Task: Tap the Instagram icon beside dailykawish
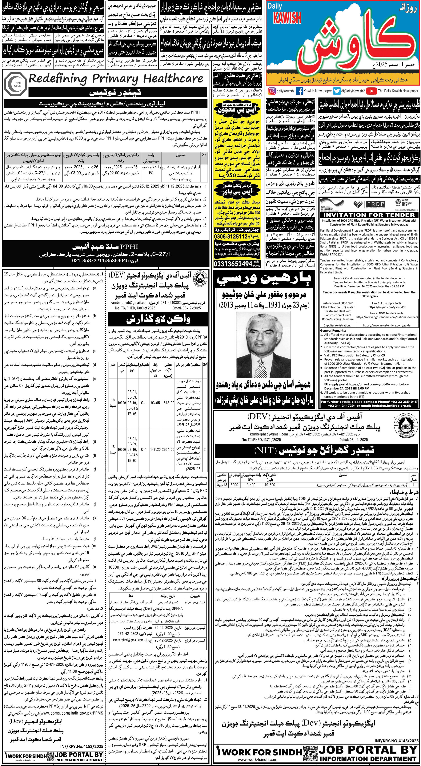pyautogui.click(x=271, y=91)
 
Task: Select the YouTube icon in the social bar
pyautogui.click(x=371, y=91)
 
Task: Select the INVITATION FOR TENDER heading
pyautogui.click(x=369, y=215)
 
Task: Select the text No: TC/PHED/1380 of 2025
pyautogui.click(x=135, y=308)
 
